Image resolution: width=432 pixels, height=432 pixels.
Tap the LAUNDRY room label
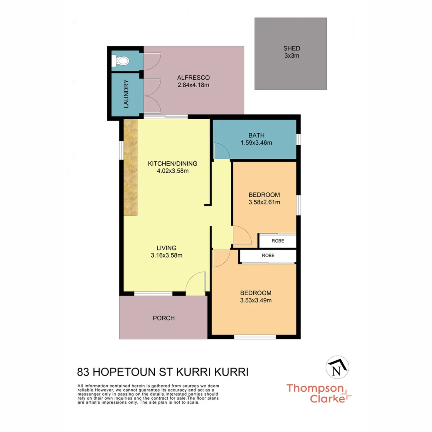(126, 94)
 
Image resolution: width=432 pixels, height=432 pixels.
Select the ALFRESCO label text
(193, 78)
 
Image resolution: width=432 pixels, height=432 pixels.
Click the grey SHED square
(290, 53)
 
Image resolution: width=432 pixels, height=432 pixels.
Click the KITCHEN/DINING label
(172, 164)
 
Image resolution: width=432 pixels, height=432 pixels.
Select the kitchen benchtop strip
(130, 168)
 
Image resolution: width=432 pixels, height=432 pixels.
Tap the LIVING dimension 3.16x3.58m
(166, 255)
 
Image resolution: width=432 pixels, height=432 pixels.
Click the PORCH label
(164, 318)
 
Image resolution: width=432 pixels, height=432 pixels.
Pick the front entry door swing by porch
(196, 283)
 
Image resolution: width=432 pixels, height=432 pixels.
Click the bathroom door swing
(220, 151)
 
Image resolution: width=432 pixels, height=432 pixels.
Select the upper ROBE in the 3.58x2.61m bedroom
(278, 241)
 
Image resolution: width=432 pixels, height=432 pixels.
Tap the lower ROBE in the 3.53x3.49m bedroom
(268, 255)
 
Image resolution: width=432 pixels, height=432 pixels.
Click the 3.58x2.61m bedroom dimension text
(264, 202)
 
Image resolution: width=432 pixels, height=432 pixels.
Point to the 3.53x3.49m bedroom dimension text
(256, 300)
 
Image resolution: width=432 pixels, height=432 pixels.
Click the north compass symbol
(338, 366)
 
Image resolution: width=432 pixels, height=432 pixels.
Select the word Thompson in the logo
(315, 388)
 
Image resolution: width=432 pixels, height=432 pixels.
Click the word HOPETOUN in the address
(128, 372)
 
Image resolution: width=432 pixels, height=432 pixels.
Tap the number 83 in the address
(83, 372)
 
